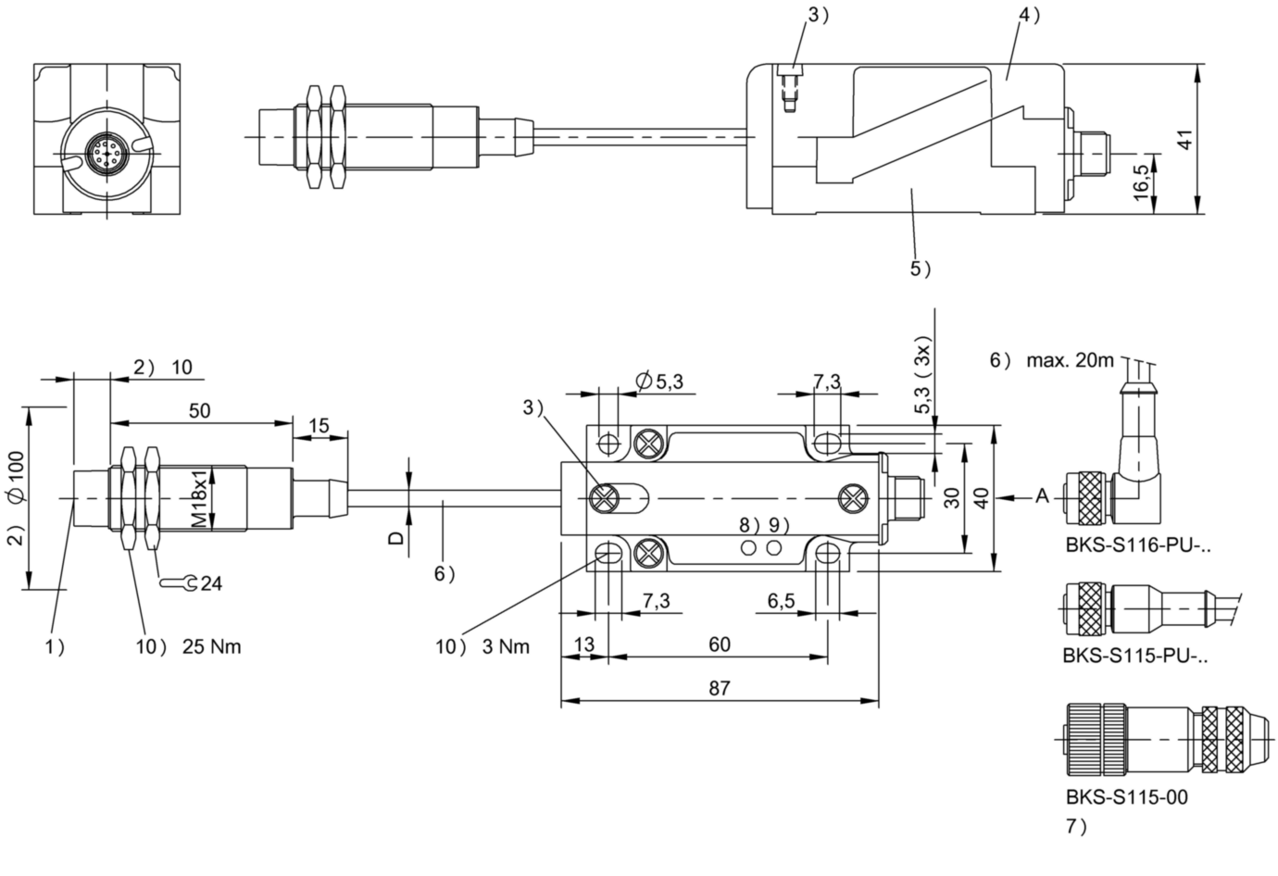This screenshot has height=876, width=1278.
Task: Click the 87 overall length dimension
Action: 720,688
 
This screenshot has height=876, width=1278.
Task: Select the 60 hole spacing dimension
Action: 720,644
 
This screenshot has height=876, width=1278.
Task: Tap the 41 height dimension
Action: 1185,140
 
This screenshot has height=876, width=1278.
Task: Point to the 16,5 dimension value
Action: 1141,183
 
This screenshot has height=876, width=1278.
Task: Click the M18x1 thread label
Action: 200,499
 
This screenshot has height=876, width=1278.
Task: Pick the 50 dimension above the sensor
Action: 200,410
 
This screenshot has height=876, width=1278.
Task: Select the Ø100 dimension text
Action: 16,477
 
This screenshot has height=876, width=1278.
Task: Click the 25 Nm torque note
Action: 212,646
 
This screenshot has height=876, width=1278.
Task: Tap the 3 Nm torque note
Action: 506,646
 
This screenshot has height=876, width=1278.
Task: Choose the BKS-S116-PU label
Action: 1138,545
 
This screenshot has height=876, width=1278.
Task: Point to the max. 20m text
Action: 1071,360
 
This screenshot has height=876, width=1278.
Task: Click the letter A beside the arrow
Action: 1043,496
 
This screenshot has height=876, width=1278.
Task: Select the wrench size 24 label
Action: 211,583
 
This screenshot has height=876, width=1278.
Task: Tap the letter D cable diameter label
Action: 396,537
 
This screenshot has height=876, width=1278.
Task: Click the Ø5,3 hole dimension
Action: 659,381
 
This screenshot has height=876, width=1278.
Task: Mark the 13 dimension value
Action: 584,644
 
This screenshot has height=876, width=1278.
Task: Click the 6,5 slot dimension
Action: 781,601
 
